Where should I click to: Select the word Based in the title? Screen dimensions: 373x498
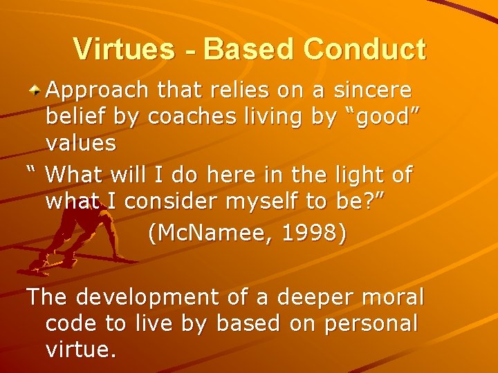pyautogui.click(x=250, y=50)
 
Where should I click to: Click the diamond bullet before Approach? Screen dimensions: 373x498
pyautogui.click(x=36, y=90)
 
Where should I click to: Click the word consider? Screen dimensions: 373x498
pyautogui.click(x=171, y=201)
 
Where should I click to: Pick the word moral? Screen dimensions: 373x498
pyautogui.click(x=393, y=297)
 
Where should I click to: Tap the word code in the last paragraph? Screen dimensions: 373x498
pyautogui.click(x=71, y=323)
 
